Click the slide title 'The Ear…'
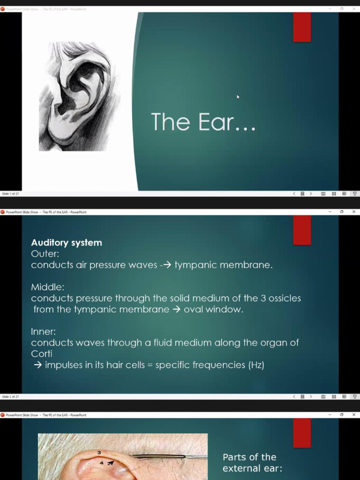(x=203, y=122)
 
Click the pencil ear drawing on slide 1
(x=79, y=96)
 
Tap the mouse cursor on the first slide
(x=238, y=97)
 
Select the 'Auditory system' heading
(x=66, y=243)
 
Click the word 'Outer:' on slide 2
(x=45, y=254)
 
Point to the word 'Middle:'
(x=47, y=287)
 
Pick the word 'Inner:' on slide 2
(x=43, y=331)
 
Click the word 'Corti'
(x=41, y=354)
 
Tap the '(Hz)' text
(x=256, y=365)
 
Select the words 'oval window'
(x=213, y=309)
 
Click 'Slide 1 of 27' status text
(x=10, y=194)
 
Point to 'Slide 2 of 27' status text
(x=10, y=397)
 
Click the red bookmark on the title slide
(x=302, y=27)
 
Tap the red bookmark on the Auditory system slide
(x=302, y=230)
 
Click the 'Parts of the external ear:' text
(x=252, y=463)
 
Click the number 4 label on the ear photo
(x=102, y=463)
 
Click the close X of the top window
(x=354, y=8)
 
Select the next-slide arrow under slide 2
(x=311, y=397)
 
